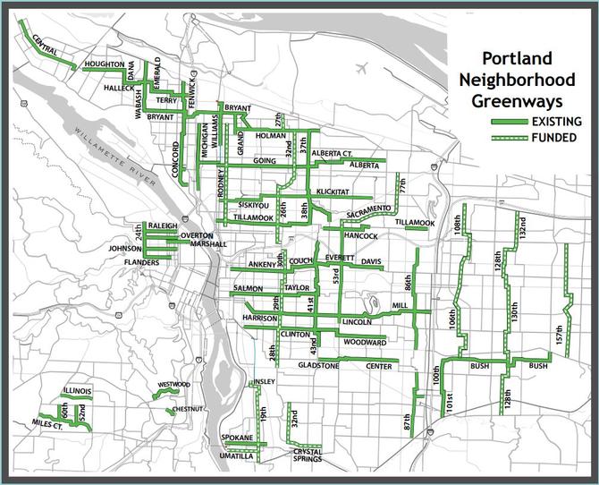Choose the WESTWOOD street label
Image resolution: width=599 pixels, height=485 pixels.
173,385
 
